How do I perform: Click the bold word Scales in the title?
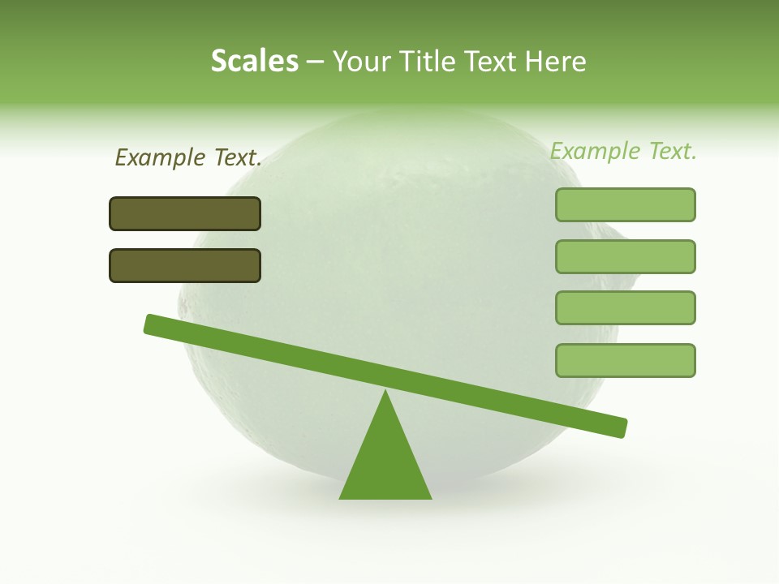(254, 61)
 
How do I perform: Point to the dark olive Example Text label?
(188, 157)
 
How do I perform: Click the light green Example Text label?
(623, 151)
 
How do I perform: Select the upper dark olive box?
(185, 213)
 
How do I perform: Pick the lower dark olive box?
(185, 265)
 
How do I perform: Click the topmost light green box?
(625, 204)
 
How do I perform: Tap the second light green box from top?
(625, 256)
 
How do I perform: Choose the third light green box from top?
(625, 308)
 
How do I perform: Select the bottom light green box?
(625, 360)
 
